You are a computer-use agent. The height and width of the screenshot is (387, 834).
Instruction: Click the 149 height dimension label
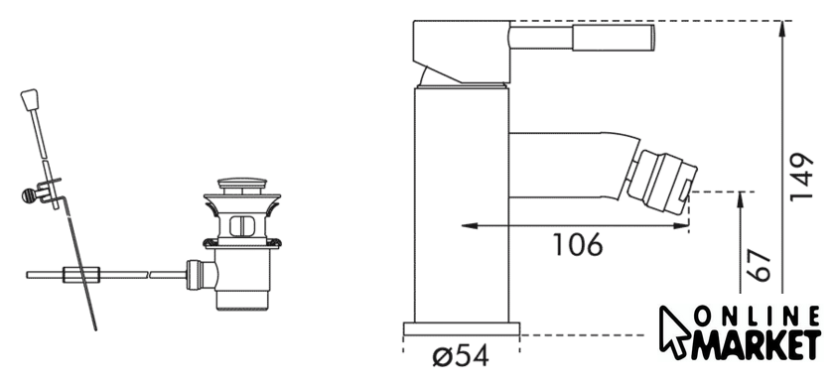coord(801,177)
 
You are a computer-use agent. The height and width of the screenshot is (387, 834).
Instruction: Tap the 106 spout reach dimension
coord(578,244)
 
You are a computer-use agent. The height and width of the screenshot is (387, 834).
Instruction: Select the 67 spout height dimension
coord(759,266)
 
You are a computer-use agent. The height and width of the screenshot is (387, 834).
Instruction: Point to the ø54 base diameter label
coord(461,355)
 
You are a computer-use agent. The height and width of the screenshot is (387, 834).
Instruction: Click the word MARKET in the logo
coord(756,345)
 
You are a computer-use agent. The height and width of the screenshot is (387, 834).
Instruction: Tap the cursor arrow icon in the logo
coord(674,331)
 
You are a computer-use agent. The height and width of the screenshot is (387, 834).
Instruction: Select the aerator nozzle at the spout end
coord(661,183)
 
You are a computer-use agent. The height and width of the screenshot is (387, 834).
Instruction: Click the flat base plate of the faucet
coord(462,329)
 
